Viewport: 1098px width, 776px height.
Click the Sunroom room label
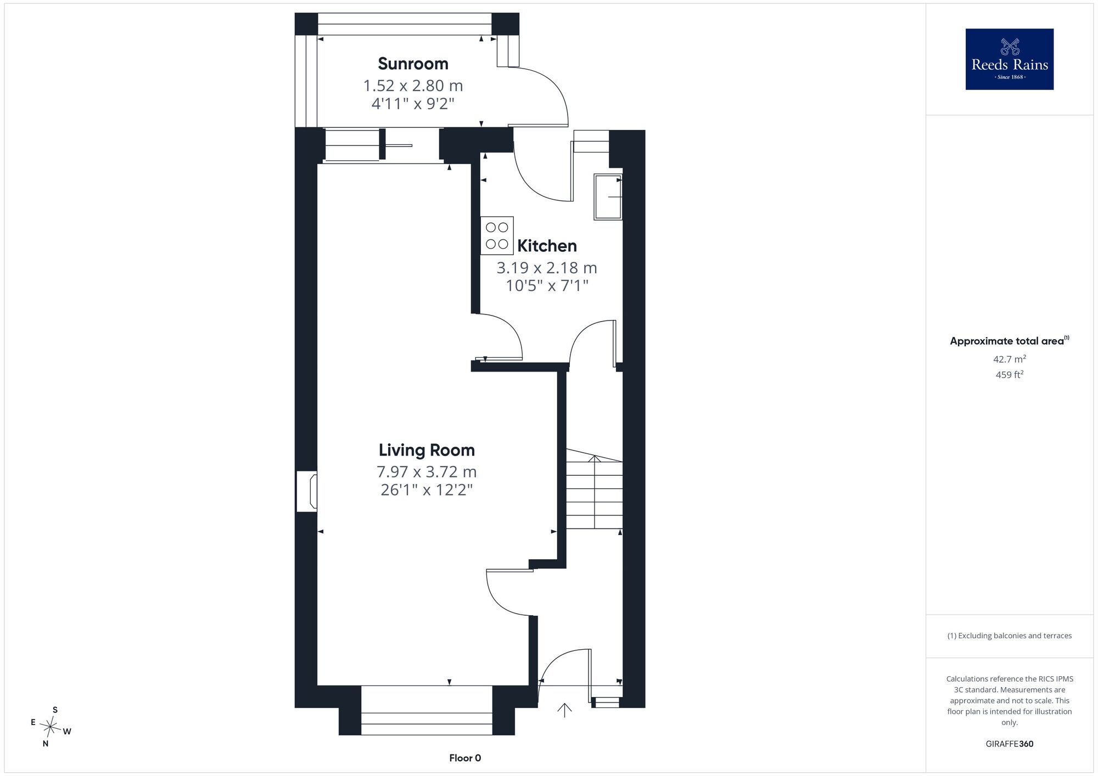pos(413,64)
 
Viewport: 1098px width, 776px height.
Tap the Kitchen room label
pos(547,245)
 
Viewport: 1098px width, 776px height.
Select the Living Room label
pos(427,450)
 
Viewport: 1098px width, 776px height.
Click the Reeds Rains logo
pos(1010,59)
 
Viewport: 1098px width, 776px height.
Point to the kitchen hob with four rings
pos(497,235)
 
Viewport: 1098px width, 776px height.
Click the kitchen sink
pos(608,197)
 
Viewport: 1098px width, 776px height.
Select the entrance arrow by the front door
pos(564,710)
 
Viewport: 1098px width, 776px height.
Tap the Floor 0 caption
pos(465,758)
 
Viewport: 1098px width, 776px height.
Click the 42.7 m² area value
pos(1010,359)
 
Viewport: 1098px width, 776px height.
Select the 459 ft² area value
pos(1010,375)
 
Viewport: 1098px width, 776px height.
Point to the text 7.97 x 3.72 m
pos(427,471)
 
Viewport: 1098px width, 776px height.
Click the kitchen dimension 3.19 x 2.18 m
pos(547,267)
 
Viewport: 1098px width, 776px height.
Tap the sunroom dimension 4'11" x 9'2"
pos(413,103)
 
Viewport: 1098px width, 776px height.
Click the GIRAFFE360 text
pos(1010,744)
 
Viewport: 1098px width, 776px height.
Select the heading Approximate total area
pos(1010,341)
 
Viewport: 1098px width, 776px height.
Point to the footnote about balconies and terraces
pos(1010,636)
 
